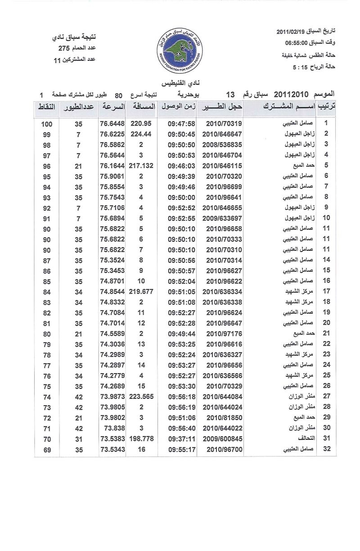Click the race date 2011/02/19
point(291,31)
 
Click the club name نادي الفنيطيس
point(180,83)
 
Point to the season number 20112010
point(290,95)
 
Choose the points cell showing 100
point(47,123)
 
